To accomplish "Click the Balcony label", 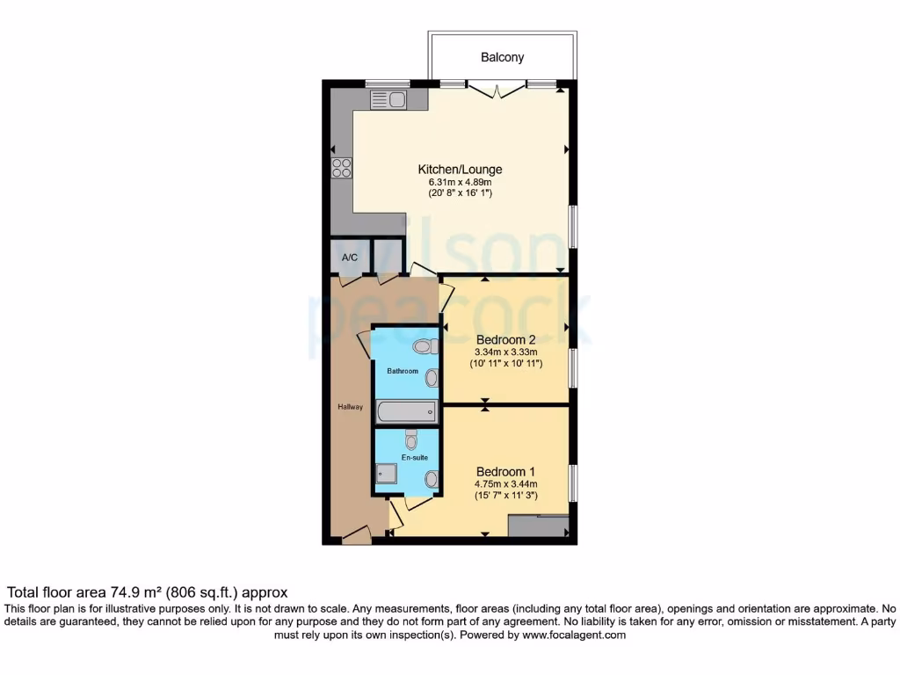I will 502,57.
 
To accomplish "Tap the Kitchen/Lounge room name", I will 460,170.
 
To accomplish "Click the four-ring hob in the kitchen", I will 341,167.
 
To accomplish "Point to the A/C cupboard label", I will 349,258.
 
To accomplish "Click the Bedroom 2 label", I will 505,340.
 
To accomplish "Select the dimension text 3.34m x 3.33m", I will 505,352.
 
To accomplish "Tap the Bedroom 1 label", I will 505,470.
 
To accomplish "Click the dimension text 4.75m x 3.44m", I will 505,483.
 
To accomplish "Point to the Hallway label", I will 350,407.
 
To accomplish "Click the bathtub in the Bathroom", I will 406,411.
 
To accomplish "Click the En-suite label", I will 414,459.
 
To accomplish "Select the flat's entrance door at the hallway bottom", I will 357,534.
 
